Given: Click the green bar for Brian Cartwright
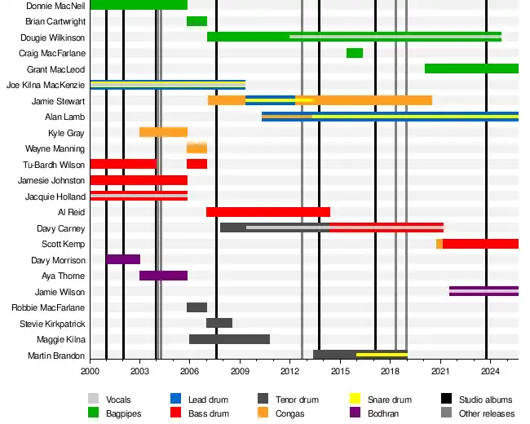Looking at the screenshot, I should coord(197,21).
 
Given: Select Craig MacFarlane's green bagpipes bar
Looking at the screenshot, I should coord(355,53).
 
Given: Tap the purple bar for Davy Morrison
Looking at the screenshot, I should coord(123,259).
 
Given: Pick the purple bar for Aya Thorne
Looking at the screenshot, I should coord(163,276).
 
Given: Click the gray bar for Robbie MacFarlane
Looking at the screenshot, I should coord(197,307).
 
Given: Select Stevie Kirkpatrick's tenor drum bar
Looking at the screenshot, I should coord(219,323).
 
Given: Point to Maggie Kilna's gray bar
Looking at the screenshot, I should coord(229,339).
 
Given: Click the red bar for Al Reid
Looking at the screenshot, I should coord(267,212).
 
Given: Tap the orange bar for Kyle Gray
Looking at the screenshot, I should coord(163,132).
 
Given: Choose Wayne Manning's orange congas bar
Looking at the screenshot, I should coord(197,148).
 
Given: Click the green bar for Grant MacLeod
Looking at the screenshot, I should coord(471,68).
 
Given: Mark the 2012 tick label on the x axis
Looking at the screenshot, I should coord(290,372).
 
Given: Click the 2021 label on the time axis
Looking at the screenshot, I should coord(440,372).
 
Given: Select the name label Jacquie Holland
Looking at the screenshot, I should coord(55,197).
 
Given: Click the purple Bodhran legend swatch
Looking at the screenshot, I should coord(355,413).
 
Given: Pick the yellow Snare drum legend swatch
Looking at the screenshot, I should coord(355,399).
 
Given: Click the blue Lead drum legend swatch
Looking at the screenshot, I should coord(175,399).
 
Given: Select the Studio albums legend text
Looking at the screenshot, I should coord(486,400).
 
